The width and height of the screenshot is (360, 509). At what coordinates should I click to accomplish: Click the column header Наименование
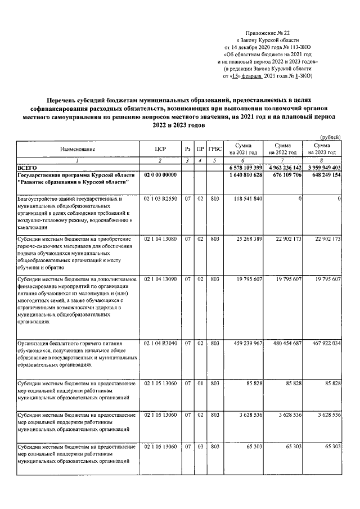pyautogui.click(x=78, y=149)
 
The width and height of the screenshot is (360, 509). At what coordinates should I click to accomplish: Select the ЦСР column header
pyautogui.click(x=160, y=149)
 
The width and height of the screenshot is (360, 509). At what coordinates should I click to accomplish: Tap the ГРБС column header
pyautogui.click(x=214, y=149)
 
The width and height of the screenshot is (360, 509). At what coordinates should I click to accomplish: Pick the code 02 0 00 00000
pyautogui.click(x=160, y=175)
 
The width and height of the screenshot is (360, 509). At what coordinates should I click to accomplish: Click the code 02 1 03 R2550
pyautogui.click(x=161, y=199)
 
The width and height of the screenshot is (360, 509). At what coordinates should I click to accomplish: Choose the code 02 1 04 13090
pyautogui.click(x=161, y=279)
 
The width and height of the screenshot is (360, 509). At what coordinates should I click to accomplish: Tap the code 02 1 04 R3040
pyautogui.click(x=161, y=343)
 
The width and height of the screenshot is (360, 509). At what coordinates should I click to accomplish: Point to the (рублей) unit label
pyautogui.click(x=330, y=137)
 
